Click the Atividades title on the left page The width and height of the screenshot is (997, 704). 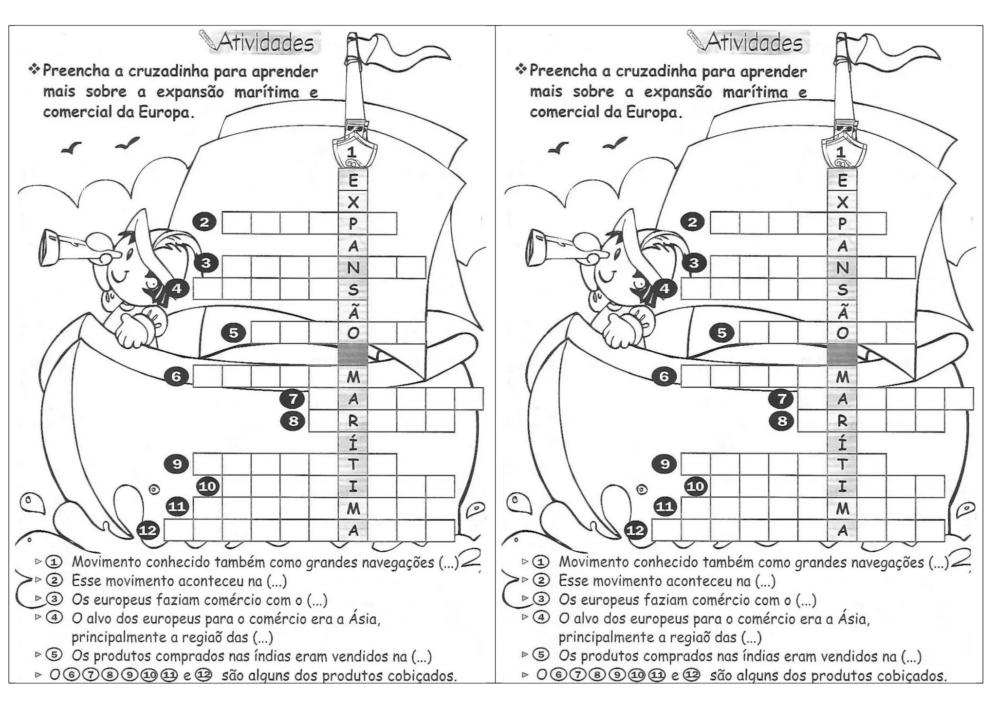coord(265,43)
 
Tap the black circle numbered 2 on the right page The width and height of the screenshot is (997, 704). coord(693,222)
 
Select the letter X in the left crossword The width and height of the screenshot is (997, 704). coord(353,202)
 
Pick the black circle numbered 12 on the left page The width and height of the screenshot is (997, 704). coord(148,530)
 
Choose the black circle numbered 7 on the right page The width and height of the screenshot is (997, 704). coord(781,399)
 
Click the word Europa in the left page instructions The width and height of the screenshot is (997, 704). coord(164,112)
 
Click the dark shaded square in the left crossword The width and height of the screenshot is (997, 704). coord(353,354)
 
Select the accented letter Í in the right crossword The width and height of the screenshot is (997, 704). coord(842,442)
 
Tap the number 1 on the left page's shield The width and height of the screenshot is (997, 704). coord(352,152)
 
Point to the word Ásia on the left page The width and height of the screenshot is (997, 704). coord(364,618)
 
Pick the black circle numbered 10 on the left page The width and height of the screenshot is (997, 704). coord(207,486)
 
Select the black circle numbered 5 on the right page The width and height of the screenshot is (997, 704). coord(721,333)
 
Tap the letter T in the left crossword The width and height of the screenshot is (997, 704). coord(353,464)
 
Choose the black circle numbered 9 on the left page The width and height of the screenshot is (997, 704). coord(177,464)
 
